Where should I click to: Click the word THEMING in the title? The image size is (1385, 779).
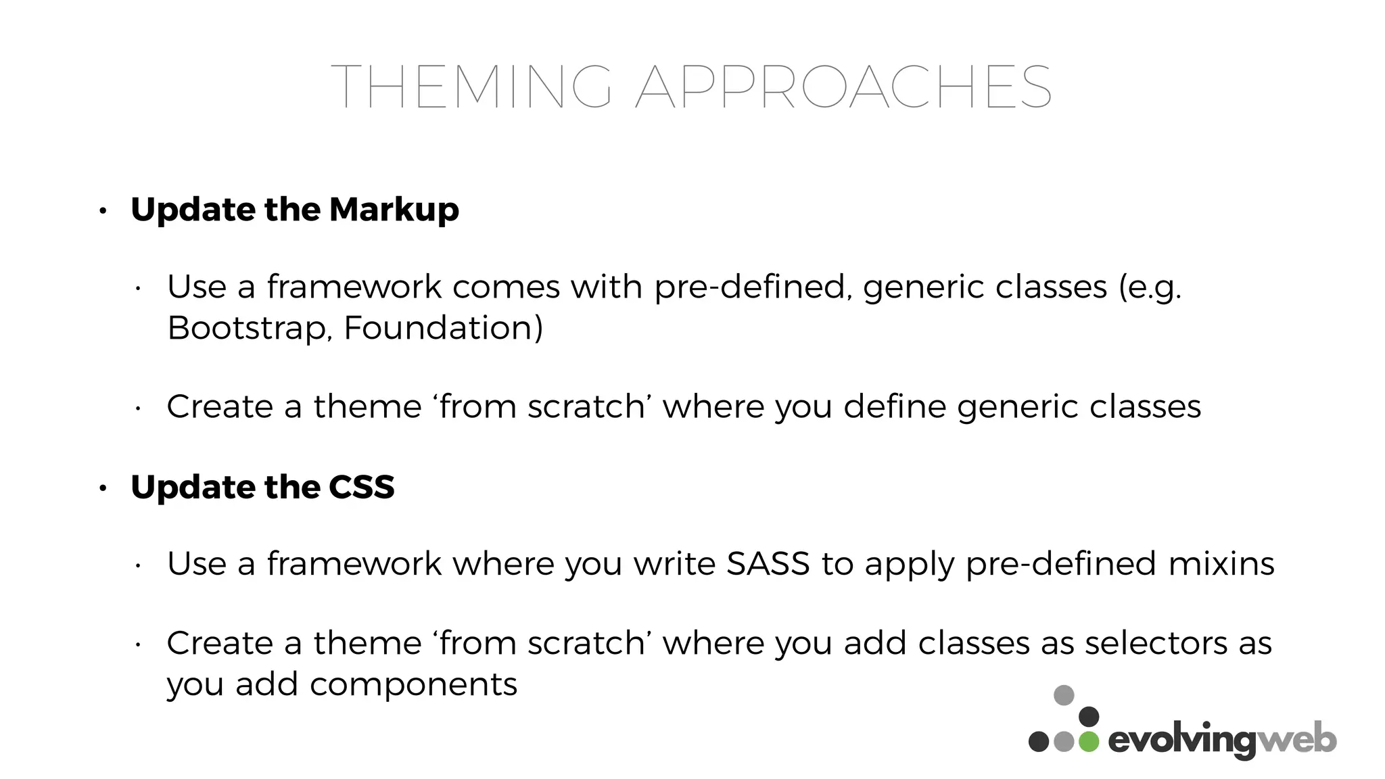(471, 87)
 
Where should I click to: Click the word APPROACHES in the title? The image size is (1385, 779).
(843, 87)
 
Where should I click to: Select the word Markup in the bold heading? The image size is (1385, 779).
(394, 210)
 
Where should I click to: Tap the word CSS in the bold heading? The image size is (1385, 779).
(361, 487)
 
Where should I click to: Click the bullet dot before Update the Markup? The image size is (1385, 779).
(103, 211)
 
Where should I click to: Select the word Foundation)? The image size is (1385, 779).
(443, 328)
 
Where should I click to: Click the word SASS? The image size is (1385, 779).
(768, 563)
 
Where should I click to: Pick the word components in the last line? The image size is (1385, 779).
(413, 684)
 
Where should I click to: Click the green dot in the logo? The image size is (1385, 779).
(1088, 741)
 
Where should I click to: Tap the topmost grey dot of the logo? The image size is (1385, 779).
(1064, 695)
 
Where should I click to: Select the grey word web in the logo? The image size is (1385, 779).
(1296, 740)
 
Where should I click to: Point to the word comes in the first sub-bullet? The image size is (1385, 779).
(506, 287)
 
